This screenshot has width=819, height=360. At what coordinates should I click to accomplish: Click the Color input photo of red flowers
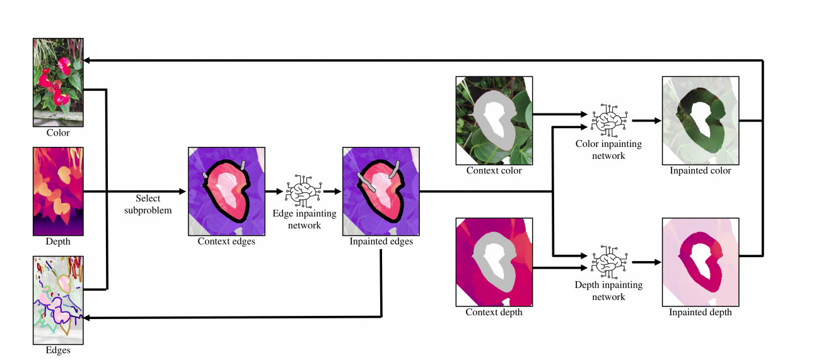click(58, 83)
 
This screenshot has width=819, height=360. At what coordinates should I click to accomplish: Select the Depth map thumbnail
click(58, 191)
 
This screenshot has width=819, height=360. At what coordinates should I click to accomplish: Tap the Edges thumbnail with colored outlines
click(58, 299)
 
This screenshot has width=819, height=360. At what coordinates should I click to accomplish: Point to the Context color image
click(494, 120)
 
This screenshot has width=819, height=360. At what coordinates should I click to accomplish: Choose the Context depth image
click(494, 262)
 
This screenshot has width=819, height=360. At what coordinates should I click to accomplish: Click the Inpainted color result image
click(700, 120)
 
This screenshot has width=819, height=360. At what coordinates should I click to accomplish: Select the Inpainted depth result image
click(700, 262)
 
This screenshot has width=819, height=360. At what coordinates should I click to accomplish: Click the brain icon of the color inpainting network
click(608, 119)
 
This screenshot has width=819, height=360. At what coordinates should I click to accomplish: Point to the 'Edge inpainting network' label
click(304, 219)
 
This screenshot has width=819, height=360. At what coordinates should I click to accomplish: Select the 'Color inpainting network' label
click(608, 149)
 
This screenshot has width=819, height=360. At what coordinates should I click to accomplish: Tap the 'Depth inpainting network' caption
click(608, 291)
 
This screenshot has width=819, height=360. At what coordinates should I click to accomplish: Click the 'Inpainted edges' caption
click(381, 241)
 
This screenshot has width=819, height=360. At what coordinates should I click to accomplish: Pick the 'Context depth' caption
click(494, 312)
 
